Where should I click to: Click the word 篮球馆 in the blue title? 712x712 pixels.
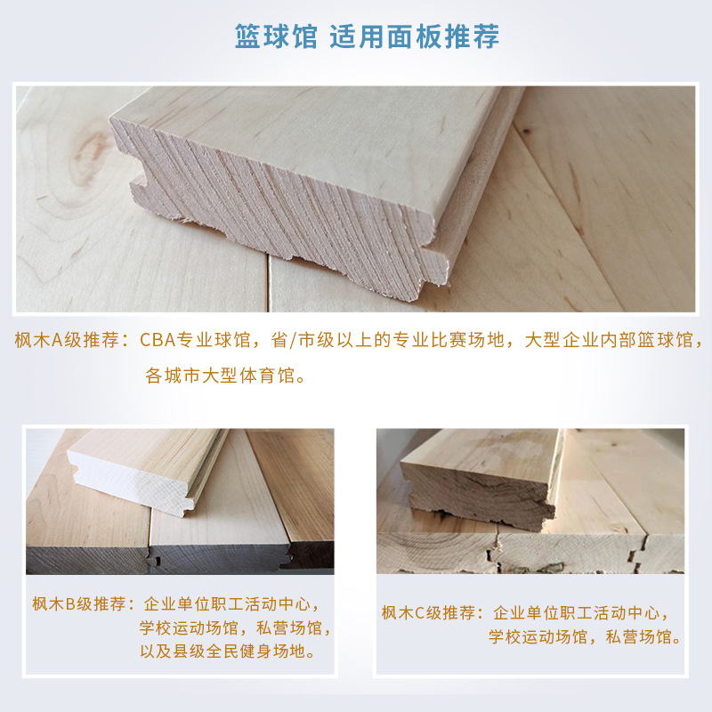tap(276, 36)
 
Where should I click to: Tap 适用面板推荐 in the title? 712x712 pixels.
tap(415, 36)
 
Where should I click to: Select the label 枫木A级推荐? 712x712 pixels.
tap(68, 340)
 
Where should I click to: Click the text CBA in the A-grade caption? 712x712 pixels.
tap(158, 340)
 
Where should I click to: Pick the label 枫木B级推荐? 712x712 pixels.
tap(78, 604)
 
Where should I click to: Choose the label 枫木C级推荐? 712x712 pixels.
tap(428, 613)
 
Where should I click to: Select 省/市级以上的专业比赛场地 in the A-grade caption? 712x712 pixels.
tap(387, 340)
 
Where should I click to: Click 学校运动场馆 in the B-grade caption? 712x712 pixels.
tap(189, 628)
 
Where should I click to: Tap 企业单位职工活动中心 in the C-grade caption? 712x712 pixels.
tap(576, 613)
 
